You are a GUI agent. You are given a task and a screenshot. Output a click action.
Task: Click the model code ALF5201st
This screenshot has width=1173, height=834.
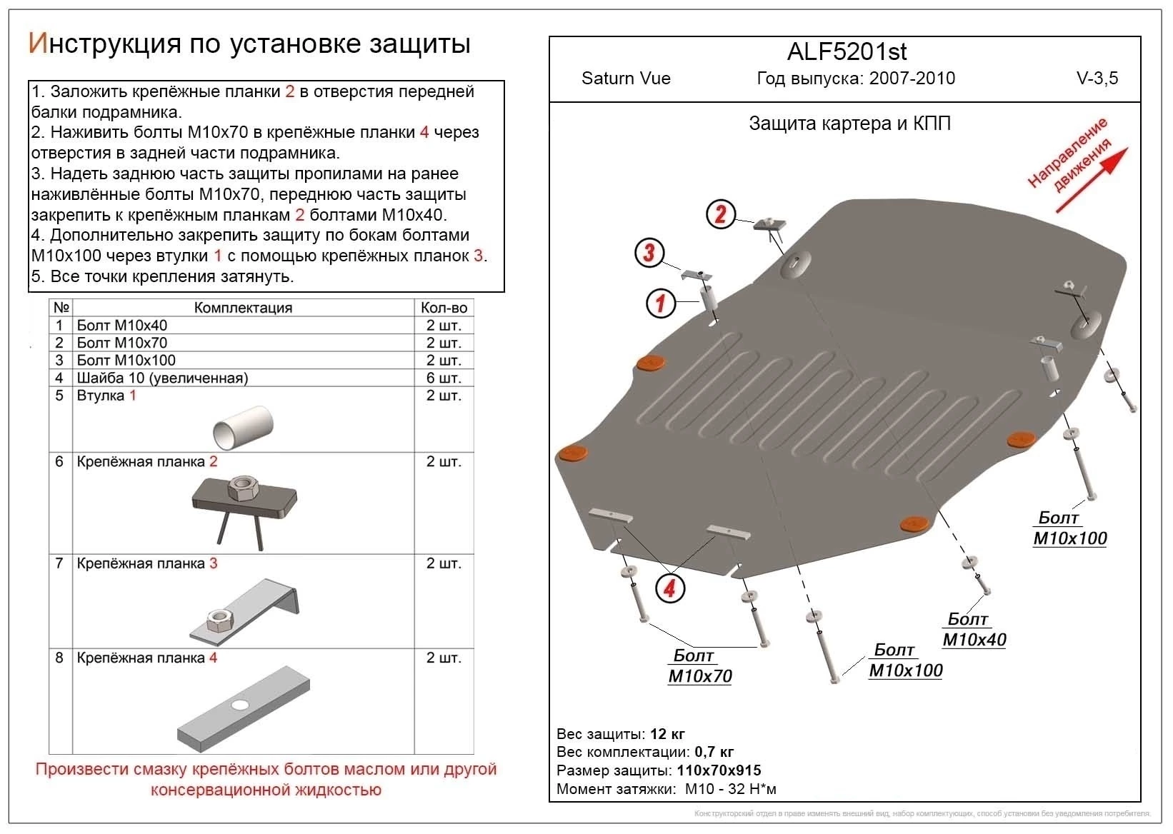[847, 51]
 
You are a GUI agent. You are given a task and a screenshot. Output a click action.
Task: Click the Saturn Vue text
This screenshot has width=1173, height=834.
[626, 79]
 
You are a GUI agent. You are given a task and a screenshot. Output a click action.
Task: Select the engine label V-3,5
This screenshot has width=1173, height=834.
[1097, 79]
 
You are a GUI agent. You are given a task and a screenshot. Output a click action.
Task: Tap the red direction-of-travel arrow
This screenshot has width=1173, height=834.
[1092, 179]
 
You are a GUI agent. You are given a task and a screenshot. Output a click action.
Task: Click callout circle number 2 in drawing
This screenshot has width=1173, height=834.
[720, 214]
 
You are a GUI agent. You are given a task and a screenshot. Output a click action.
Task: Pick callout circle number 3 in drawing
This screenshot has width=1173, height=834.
[649, 252]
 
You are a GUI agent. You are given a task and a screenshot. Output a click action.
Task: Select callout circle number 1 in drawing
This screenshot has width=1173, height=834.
[660, 303]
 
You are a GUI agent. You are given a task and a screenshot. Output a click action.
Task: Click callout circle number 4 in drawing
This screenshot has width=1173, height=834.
[669, 588]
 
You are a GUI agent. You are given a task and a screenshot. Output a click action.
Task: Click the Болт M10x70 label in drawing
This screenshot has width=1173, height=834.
[699, 666]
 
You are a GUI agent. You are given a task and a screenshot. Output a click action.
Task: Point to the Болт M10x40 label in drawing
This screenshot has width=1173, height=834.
[974, 630]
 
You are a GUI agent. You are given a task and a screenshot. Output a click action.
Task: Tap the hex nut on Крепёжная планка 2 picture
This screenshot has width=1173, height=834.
[244, 489]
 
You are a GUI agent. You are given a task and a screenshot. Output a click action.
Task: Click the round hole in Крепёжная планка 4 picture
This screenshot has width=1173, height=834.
[241, 705]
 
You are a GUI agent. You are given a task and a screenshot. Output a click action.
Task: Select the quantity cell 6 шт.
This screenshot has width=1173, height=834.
[444, 378]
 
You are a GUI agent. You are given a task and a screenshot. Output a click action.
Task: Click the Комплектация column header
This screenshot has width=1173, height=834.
[243, 308]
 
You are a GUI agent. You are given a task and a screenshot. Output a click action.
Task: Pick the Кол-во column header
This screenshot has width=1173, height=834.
[444, 308]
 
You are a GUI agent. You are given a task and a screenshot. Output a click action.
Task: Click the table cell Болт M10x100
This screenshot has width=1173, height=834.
[126, 361]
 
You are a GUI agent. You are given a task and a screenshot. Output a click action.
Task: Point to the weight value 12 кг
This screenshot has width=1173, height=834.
[667, 734]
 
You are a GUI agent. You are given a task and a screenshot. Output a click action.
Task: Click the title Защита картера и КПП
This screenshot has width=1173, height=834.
[849, 124]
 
